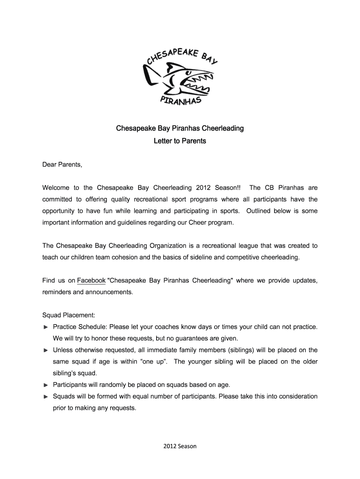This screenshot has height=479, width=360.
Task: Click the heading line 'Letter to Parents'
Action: tap(180, 141)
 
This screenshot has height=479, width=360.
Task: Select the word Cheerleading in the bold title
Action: tap(221, 128)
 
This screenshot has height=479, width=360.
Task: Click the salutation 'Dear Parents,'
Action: tap(62, 165)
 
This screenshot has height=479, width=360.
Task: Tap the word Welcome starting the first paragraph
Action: tap(56, 188)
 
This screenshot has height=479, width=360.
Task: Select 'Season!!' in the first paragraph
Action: tap(228, 188)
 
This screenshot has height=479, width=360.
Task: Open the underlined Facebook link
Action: tap(91, 281)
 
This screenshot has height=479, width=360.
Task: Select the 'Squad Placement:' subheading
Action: tap(69, 315)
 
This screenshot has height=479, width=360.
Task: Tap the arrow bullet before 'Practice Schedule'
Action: tap(45, 327)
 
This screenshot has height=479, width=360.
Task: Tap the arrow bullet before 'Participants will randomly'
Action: tap(45, 385)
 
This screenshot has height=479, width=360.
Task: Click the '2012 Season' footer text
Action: tap(180, 446)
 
